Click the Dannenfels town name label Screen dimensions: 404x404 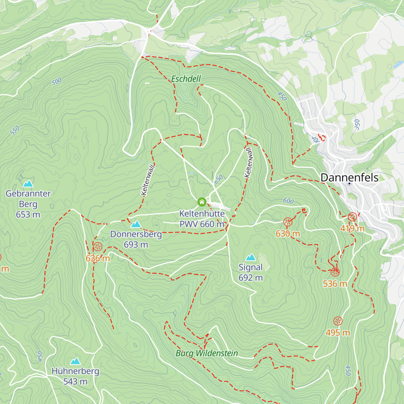click(x=349, y=177)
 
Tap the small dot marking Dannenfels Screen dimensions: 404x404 click(x=349, y=183)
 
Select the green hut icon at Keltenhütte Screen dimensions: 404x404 click(x=202, y=202)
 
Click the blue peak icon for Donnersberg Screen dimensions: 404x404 click(x=136, y=224)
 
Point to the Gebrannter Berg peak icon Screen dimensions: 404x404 click(x=28, y=183)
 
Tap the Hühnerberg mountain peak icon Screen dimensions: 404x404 click(x=75, y=361)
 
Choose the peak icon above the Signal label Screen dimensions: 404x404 click(x=250, y=258)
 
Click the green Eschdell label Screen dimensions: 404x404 click(x=186, y=79)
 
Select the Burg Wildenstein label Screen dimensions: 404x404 click(x=207, y=353)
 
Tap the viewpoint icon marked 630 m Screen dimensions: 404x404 click(x=288, y=222)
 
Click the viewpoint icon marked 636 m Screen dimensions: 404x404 click(x=98, y=246)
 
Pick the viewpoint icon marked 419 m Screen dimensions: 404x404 click(x=352, y=217)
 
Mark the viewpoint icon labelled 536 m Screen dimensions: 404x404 click(x=335, y=272)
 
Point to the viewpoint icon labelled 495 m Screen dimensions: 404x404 click(x=338, y=321)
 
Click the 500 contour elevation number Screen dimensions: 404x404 click(x=57, y=81)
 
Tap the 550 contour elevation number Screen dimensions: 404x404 click(x=14, y=130)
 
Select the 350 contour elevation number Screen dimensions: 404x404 click(x=357, y=125)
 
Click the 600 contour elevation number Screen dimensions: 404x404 click(x=288, y=201)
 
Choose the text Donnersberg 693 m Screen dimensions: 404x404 click(x=136, y=239)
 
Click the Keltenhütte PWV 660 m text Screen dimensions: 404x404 click(x=202, y=219)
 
